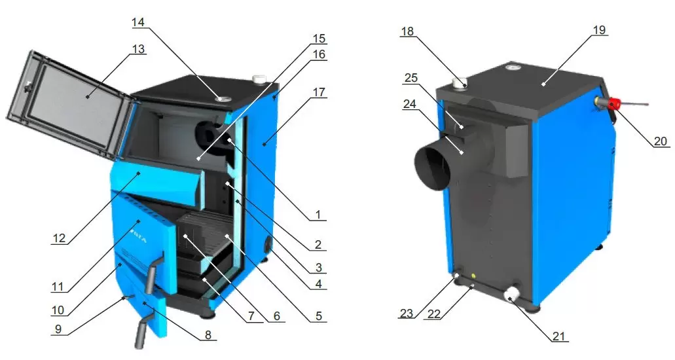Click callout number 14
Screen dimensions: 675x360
[x=138, y=22]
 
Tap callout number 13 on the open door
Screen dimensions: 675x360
[x=138, y=49]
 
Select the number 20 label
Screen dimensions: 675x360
[x=660, y=141]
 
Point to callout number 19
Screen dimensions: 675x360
[x=599, y=29]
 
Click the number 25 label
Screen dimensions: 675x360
[x=411, y=77]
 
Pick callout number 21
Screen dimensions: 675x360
[x=558, y=336]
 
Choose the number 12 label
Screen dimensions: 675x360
[x=59, y=238]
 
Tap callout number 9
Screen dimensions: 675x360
[x=58, y=329]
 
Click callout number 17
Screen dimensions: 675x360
[x=319, y=92]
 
